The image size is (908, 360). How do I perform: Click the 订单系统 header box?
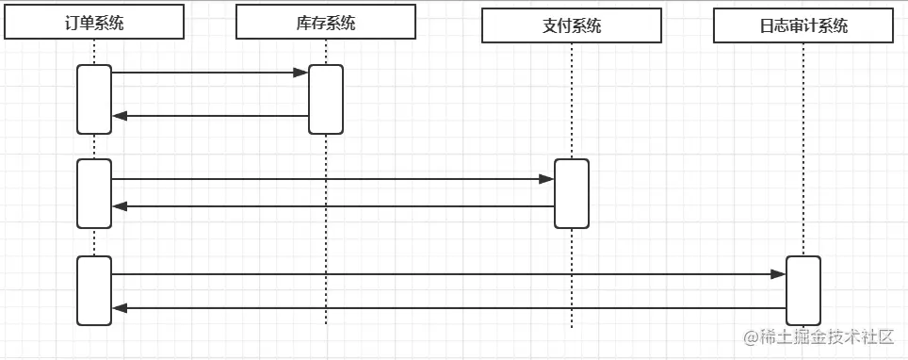click(93, 23)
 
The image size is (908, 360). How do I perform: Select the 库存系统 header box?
click(325, 23)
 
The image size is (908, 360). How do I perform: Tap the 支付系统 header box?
click(572, 26)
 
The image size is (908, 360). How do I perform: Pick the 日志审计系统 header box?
click(803, 26)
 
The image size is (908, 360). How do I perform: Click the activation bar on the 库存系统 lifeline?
click(326, 99)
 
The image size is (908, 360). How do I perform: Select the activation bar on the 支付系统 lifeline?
click(572, 193)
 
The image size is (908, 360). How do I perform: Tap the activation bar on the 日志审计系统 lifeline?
click(803, 290)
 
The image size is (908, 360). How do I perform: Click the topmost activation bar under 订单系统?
click(94, 99)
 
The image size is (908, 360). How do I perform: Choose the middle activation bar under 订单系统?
click(94, 193)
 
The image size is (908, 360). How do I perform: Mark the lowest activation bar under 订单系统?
click(94, 290)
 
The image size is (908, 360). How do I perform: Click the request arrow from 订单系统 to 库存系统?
click(207, 73)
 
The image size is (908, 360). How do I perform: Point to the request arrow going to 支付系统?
click(330, 178)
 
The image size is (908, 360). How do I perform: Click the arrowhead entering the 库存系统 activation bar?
click(301, 73)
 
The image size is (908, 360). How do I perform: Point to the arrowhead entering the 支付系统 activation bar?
click(547, 178)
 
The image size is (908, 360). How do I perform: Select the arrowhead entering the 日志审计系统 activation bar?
click(778, 274)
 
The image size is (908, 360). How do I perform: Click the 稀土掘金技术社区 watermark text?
click(819, 337)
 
